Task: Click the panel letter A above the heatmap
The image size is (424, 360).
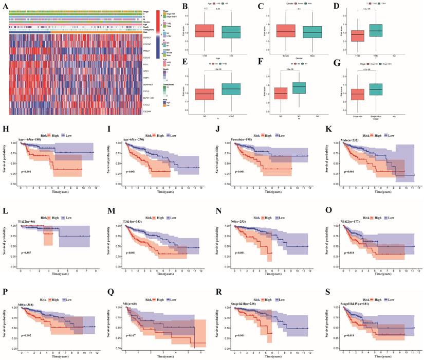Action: (x=4, y=5)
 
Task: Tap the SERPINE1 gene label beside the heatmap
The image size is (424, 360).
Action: (x=150, y=83)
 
